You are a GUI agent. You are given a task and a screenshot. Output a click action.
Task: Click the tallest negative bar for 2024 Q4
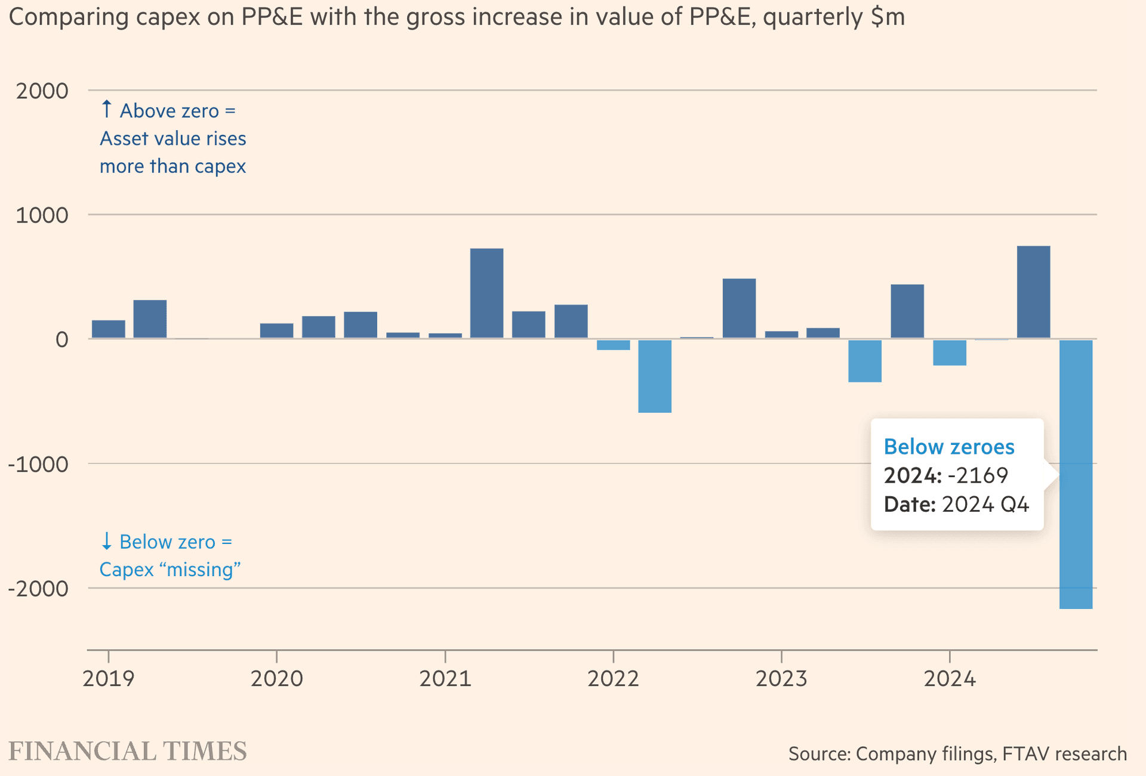(x=1076, y=537)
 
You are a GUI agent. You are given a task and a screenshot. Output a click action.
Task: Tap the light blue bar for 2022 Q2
(x=655, y=376)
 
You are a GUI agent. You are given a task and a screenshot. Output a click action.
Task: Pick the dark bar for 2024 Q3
(x=1033, y=292)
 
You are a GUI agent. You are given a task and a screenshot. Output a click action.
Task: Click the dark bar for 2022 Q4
(x=739, y=308)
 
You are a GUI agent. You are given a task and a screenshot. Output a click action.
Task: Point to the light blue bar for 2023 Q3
(x=865, y=361)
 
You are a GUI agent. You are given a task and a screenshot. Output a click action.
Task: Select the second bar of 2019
(x=150, y=319)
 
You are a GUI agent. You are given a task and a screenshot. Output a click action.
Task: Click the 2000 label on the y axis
(x=42, y=91)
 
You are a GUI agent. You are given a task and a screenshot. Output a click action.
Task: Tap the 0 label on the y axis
(x=62, y=340)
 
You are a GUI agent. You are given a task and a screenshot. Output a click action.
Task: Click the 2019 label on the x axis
(x=109, y=679)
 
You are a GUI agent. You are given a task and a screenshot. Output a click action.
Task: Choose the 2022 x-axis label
(x=613, y=679)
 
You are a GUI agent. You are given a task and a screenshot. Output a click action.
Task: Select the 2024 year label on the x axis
(x=950, y=679)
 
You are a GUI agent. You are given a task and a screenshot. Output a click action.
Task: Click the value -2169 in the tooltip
(x=978, y=475)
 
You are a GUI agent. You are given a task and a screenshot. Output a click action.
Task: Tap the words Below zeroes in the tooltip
(x=949, y=447)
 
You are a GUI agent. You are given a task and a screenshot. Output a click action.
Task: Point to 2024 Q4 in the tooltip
(x=985, y=505)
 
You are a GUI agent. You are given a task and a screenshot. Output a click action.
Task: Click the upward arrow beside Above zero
(x=106, y=109)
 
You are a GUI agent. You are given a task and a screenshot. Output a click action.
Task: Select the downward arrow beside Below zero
(x=106, y=541)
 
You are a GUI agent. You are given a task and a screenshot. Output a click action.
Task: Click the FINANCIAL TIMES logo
(x=128, y=752)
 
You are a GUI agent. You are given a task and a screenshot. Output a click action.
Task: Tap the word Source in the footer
(x=818, y=754)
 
